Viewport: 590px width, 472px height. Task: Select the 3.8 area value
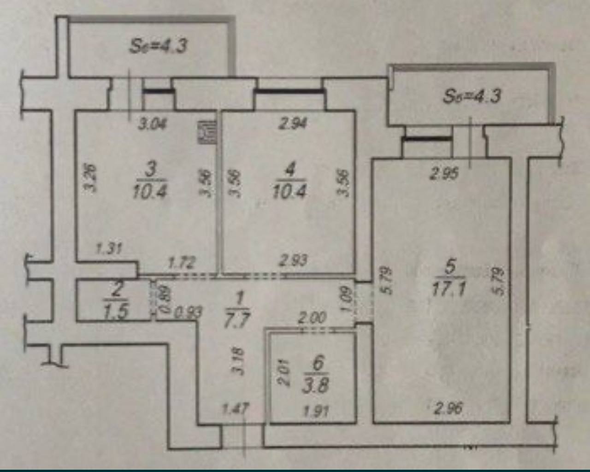tap(316, 385)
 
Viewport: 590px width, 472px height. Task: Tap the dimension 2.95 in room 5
tap(444, 174)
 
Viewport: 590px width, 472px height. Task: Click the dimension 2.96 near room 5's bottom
tap(448, 408)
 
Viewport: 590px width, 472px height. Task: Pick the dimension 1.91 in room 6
tap(317, 411)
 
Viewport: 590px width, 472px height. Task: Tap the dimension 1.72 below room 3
tap(181, 263)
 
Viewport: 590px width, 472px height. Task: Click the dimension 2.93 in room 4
tap(293, 260)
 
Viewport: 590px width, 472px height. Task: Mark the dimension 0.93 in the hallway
tap(188, 313)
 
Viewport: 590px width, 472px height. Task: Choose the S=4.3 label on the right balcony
tap(472, 96)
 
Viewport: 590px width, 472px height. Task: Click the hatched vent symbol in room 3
tap(207, 132)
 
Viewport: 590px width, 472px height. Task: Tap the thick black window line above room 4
tap(289, 91)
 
